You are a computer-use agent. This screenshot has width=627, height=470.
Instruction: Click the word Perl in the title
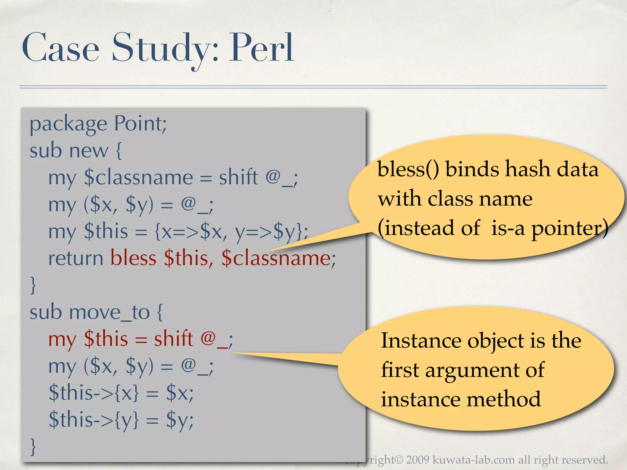[x=262, y=48]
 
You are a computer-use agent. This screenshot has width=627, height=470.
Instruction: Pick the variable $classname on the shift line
[x=138, y=177]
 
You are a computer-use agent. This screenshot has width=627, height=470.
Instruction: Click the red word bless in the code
[x=133, y=258]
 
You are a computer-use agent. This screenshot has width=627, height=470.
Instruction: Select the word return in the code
[x=76, y=258]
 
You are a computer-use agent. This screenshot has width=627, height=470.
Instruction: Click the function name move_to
[x=109, y=312]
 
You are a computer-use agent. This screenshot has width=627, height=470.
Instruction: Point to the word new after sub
[x=89, y=151]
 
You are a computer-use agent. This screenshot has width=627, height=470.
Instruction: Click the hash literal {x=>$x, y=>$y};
[x=231, y=232]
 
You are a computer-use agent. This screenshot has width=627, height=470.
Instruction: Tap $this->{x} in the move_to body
[x=94, y=393]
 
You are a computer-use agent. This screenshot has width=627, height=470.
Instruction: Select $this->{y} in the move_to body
[x=94, y=420]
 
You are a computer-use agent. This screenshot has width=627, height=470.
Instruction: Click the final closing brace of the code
[x=33, y=446]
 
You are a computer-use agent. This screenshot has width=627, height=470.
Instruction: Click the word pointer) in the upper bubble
[x=569, y=228]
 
